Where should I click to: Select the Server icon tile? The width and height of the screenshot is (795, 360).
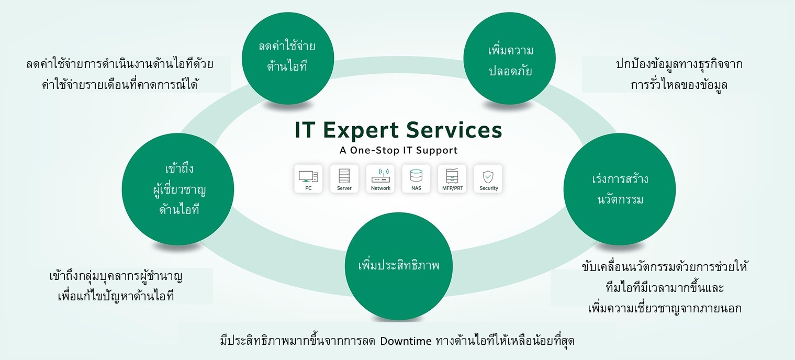(x=344, y=179)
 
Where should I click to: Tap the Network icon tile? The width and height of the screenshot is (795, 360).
(x=380, y=179)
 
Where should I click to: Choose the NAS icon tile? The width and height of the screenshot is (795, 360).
(x=416, y=179)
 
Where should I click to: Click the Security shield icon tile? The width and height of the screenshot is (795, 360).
(x=488, y=179)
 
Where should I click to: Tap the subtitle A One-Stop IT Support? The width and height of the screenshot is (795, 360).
(x=398, y=151)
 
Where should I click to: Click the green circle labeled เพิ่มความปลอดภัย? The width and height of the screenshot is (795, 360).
(x=510, y=61)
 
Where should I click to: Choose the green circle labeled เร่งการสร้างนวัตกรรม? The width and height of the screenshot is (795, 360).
(x=619, y=189)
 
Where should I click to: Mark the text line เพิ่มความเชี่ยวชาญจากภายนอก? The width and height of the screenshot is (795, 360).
(x=665, y=308)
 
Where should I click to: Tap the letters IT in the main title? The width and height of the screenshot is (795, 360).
(x=305, y=130)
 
